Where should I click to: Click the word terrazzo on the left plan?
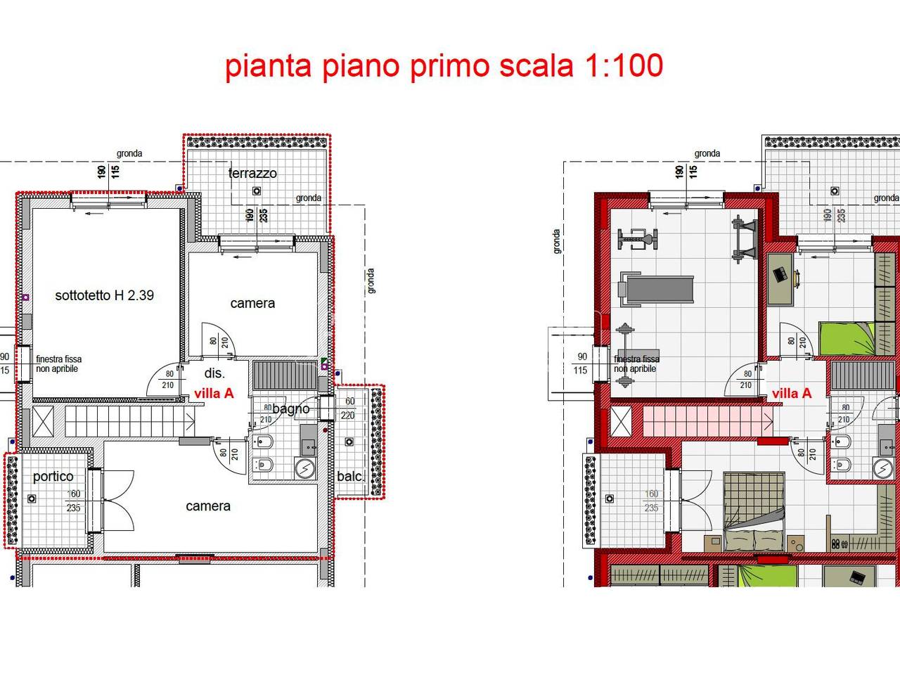252,173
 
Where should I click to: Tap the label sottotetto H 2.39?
104,295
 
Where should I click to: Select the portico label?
53,477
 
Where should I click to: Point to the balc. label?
350,476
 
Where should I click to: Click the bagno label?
291,409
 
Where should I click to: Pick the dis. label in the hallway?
214,373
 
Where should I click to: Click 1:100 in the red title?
624,65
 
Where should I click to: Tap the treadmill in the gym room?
654,289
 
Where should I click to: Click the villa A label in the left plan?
214,393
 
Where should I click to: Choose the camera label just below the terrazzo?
252,303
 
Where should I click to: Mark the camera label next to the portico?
207,506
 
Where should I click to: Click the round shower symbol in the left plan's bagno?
305,468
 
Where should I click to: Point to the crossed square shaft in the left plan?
44,421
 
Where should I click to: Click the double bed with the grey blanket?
754,510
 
